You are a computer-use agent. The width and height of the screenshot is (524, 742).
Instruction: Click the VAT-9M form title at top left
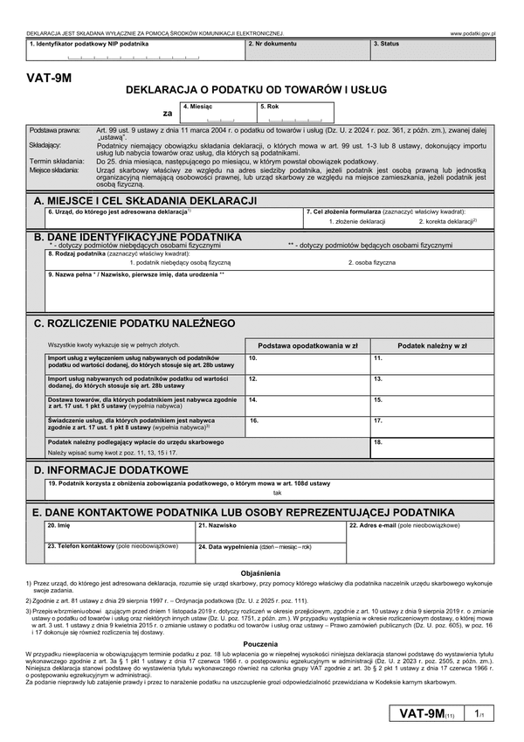pyautogui.click(x=48, y=78)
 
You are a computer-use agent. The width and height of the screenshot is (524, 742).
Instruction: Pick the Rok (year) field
pyautogui.click(x=294, y=113)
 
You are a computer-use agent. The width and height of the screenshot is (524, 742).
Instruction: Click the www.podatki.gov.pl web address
pyautogui.click(x=472, y=32)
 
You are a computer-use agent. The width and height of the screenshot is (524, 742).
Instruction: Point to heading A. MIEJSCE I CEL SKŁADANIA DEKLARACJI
pyautogui.click(x=144, y=201)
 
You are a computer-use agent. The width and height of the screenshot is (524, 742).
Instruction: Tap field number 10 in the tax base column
pyautogui.click(x=307, y=363)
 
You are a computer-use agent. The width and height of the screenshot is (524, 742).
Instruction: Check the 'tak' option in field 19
pyautogui.click(x=278, y=493)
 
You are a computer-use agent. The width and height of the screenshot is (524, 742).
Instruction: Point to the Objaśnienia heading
pyautogui.click(x=261, y=572)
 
